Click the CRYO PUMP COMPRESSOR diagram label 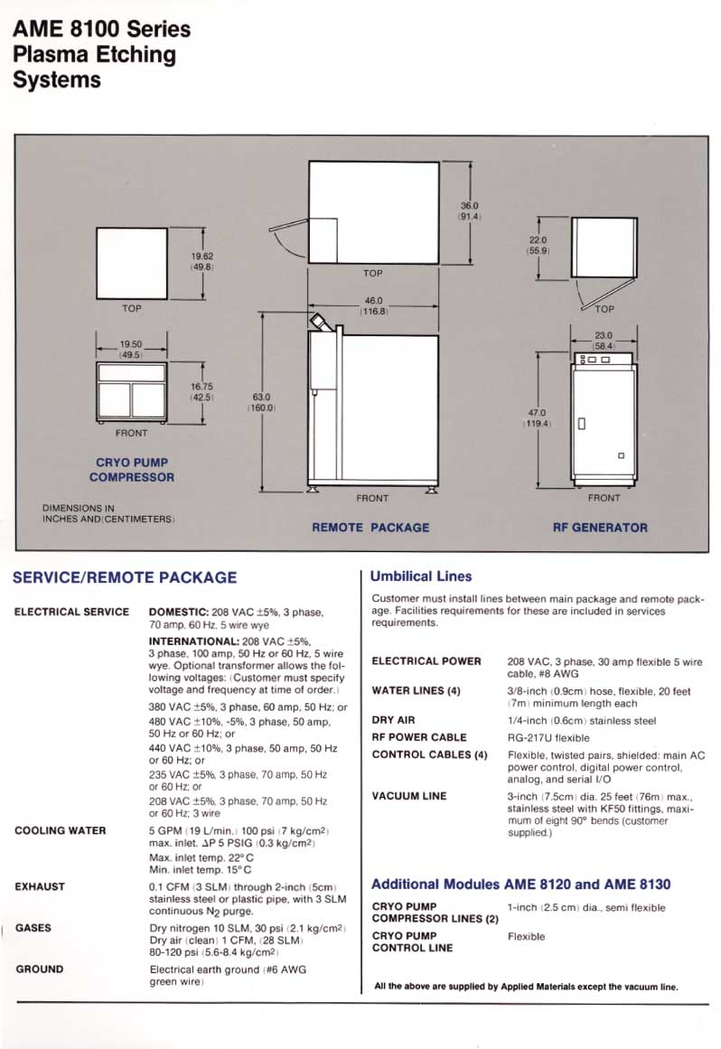131,469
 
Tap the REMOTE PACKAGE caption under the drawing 370,527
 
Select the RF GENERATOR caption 600,527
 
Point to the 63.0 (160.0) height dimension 262,401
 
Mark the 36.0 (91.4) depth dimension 470,211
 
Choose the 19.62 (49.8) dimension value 201,261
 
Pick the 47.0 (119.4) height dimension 537,417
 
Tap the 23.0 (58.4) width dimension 604,339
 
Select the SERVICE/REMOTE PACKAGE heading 125,577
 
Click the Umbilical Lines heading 422,576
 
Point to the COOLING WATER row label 60,830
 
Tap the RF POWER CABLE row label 419,737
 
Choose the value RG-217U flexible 548,737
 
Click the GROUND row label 40,969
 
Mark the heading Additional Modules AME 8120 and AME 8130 521,884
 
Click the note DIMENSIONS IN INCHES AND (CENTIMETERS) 108,513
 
